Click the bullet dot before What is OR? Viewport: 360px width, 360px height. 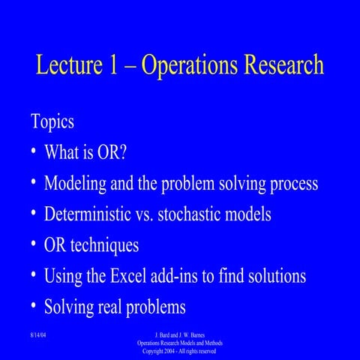(x=34, y=153)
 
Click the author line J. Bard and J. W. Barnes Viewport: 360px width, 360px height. (x=179, y=333)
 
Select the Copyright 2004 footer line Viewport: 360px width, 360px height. (x=179, y=350)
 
